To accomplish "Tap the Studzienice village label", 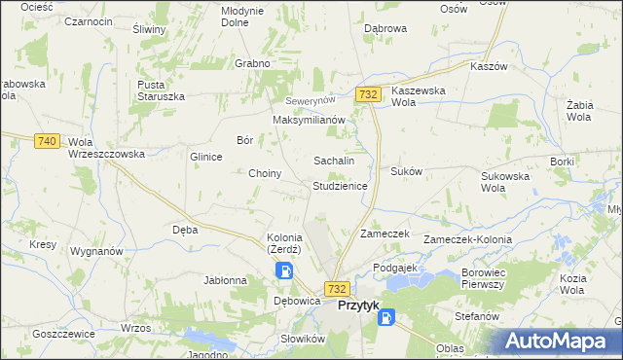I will [x=340, y=185].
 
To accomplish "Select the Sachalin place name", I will [x=333, y=160].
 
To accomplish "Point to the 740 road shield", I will [x=45, y=141].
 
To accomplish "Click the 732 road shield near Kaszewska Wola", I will [x=368, y=94].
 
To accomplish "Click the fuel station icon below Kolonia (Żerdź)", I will [x=284, y=271].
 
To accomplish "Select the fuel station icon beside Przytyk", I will [x=386, y=316].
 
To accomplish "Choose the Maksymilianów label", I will [x=310, y=120].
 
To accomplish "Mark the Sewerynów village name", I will [x=310, y=101].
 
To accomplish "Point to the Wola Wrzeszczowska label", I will [x=106, y=148].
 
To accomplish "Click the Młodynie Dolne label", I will [x=242, y=17].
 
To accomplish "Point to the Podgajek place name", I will [x=394, y=267].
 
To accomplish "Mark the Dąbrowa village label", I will [x=385, y=29].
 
